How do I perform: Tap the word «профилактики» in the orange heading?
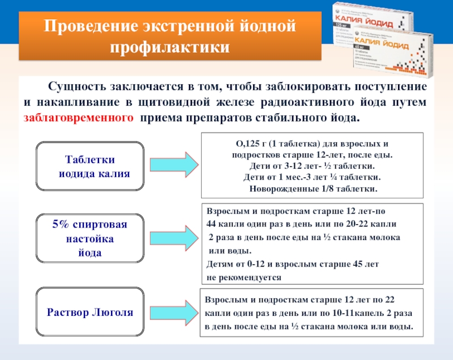(170, 47)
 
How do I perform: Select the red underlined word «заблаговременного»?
(79, 118)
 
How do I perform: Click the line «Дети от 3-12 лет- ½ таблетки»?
(312, 167)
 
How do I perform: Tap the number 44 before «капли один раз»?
(211, 224)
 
